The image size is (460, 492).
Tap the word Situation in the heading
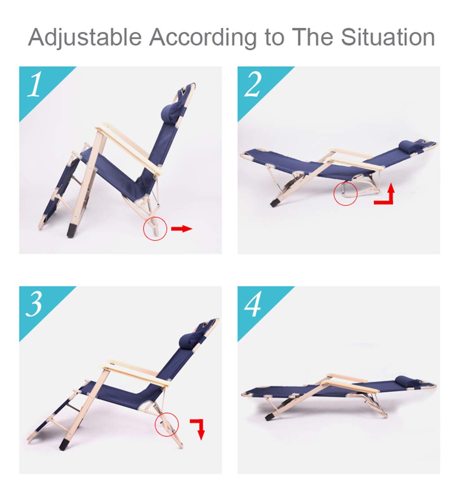coord(388,37)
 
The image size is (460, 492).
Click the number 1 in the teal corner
coord(35,84)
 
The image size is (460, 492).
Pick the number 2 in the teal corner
coord(252,84)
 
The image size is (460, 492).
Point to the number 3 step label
coord(34,304)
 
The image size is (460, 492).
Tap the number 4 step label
coord(252,304)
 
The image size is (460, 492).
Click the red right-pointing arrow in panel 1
coord(181,228)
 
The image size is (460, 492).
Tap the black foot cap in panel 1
coord(72,230)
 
